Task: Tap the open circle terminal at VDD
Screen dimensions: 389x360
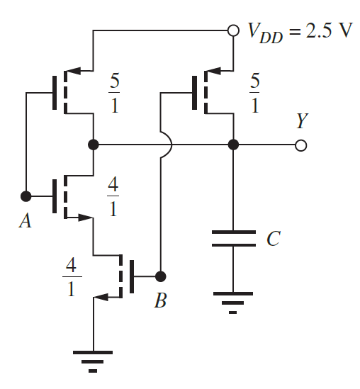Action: (x=233, y=31)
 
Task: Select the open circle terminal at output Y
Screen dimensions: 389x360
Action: (x=301, y=145)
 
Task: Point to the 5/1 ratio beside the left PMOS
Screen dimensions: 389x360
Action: (x=114, y=91)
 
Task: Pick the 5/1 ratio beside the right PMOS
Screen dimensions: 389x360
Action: (x=254, y=91)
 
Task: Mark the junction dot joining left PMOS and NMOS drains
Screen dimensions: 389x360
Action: (x=93, y=145)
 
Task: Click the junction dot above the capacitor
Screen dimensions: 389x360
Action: (x=233, y=145)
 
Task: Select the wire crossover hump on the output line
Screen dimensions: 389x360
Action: (x=162, y=145)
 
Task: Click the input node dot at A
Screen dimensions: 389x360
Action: (x=26, y=195)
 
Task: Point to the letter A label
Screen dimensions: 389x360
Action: (x=26, y=222)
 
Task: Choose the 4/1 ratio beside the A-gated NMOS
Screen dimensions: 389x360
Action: (x=114, y=197)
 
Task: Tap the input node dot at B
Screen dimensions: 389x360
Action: (x=161, y=276)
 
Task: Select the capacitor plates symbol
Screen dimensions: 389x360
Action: (x=233, y=238)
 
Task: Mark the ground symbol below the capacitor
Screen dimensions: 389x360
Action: (x=233, y=305)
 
